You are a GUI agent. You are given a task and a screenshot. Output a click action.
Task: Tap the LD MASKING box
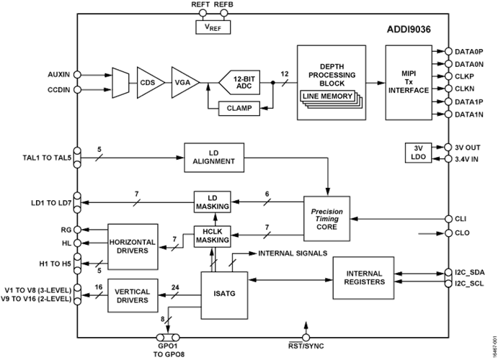[212, 202]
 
